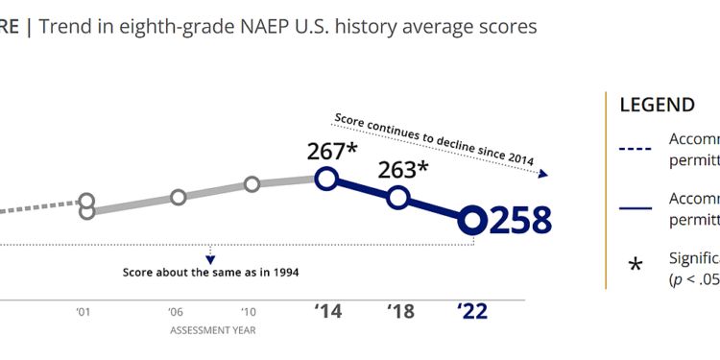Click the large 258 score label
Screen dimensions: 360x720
pos(521,220)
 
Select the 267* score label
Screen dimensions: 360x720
pos(331,151)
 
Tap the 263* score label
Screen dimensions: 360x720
pos(404,170)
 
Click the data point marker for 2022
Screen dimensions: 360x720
pos(471,221)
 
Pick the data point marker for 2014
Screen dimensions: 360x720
pos(326,179)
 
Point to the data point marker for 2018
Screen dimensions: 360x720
pos(398,198)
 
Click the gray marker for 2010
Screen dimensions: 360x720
pos(252,184)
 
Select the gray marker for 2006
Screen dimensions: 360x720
pos(179,197)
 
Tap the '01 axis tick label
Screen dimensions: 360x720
pos(85,311)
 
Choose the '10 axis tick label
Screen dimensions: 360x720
pos(250,311)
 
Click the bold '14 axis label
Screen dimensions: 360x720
pos(326,310)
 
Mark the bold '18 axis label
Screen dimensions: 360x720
pos(399,310)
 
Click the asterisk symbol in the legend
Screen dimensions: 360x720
pos(635,265)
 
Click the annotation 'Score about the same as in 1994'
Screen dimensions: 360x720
pos(210,272)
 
